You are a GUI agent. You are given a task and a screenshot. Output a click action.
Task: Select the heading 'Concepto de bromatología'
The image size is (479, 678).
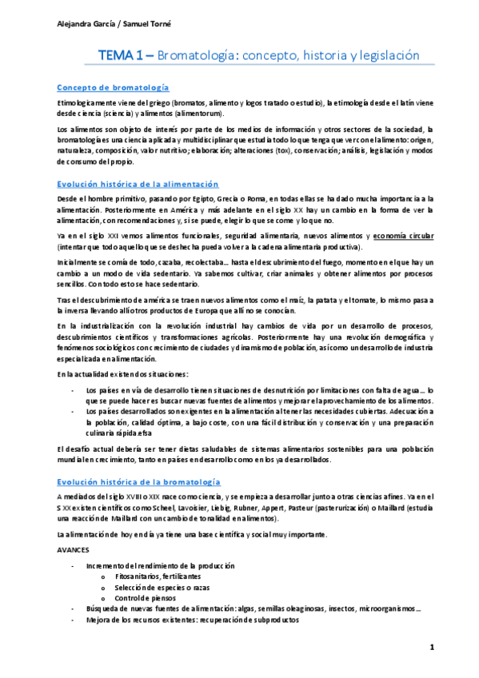coord(118,87)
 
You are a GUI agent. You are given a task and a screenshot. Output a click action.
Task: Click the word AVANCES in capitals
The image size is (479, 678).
coord(74,552)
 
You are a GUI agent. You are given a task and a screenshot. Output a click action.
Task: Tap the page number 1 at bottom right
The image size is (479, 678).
coord(432,646)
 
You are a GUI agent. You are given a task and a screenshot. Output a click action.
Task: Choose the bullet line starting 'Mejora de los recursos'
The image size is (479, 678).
coord(193,620)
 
